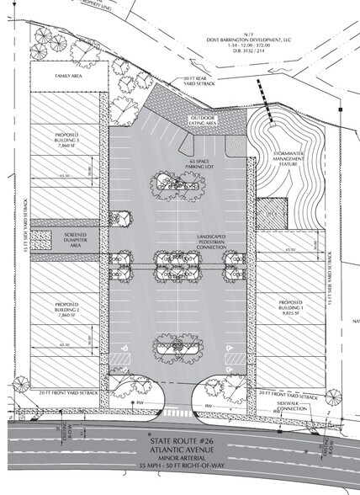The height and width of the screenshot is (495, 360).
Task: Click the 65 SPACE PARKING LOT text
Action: point(181,162)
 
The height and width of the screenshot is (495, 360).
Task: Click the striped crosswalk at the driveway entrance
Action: point(179,413)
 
